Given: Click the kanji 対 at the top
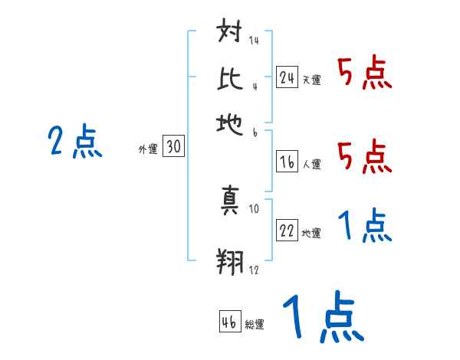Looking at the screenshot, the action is click(x=230, y=34).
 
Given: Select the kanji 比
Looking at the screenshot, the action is click(x=230, y=78).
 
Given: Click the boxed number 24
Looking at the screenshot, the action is click(x=287, y=77).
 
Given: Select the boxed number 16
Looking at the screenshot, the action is click(x=287, y=162).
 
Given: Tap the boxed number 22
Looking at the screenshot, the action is click(x=287, y=231).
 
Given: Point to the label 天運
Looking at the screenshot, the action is click(x=311, y=80).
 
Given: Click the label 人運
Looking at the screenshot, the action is click(x=311, y=164).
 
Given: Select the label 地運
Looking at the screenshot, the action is click(x=311, y=234).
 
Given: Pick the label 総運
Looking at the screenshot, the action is click(x=255, y=325).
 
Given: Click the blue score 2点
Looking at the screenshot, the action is click(x=74, y=142).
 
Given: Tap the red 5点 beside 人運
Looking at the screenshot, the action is click(x=364, y=157).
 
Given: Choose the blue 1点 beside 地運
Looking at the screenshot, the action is click(x=364, y=227).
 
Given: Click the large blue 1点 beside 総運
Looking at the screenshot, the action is click(x=322, y=319).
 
